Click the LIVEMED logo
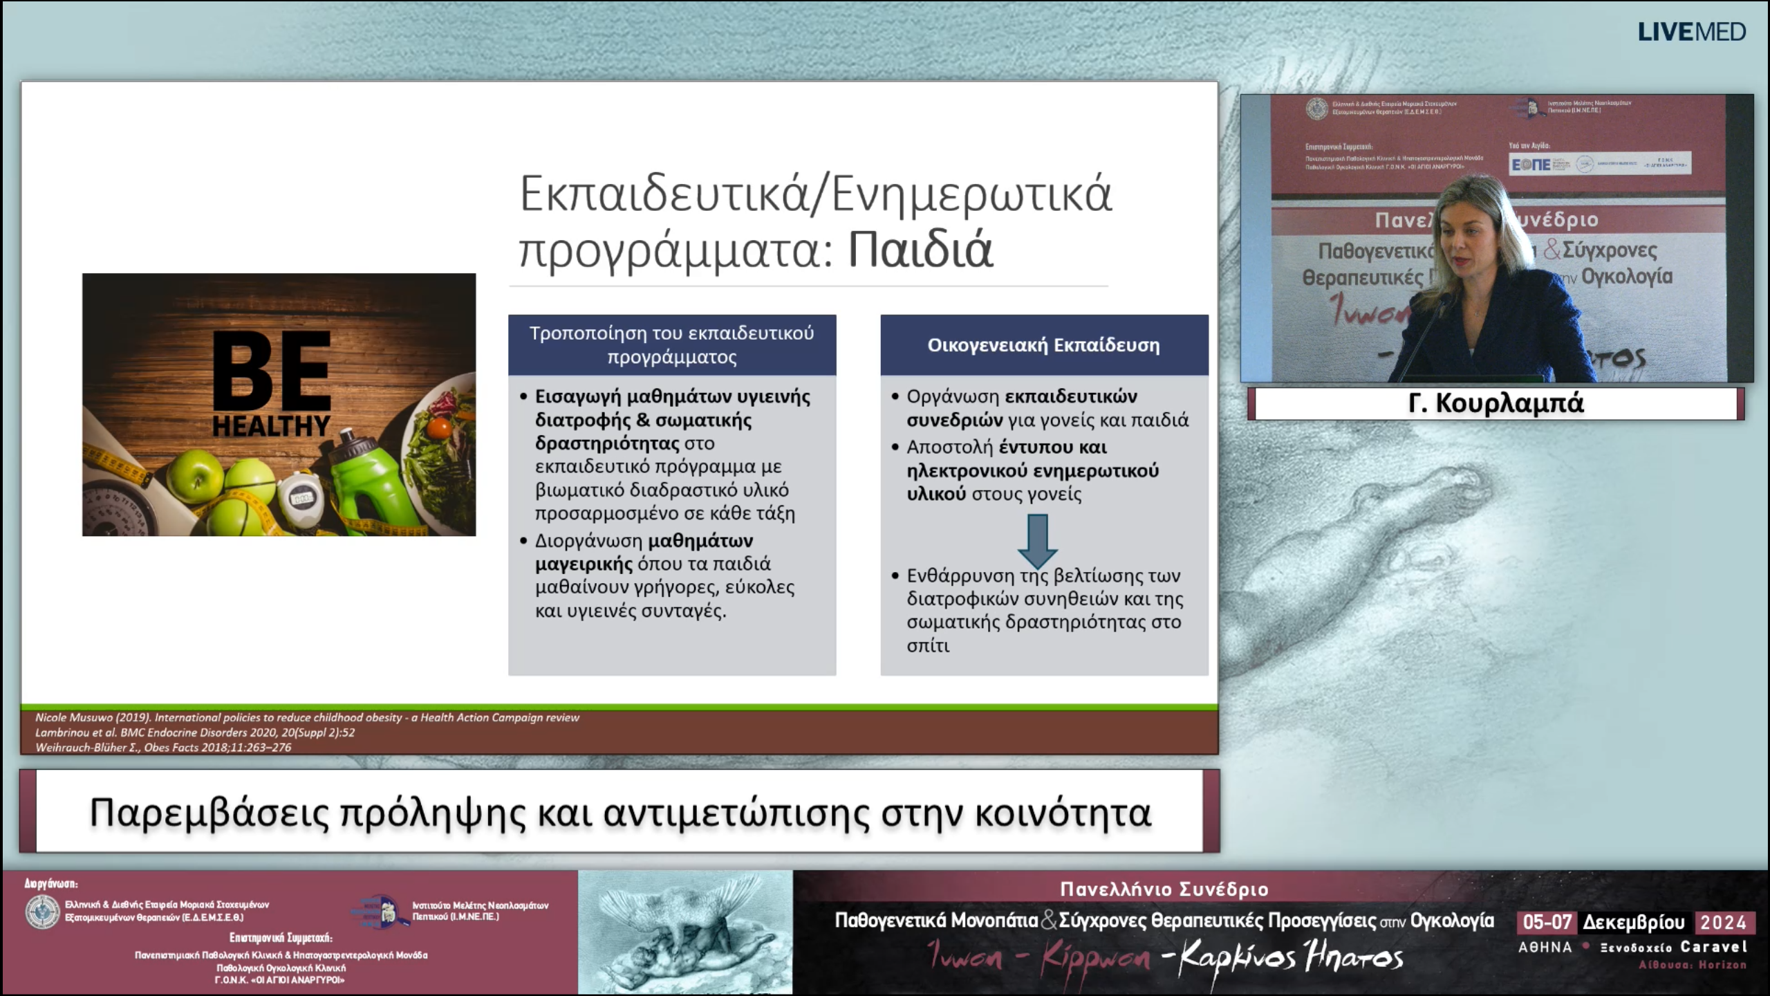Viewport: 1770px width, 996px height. coord(1691,32)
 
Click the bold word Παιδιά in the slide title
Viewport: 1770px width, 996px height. coord(920,250)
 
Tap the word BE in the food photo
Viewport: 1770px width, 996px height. coord(271,371)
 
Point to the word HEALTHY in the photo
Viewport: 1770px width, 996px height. coord(271,426)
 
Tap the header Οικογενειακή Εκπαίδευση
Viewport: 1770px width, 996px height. coord(1043,345)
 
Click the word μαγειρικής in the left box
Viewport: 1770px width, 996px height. coord(584,564)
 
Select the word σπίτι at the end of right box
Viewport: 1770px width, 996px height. coord(928,645)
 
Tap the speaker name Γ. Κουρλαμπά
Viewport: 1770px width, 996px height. coord(1496,403)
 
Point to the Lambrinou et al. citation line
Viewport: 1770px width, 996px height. coord(194,732)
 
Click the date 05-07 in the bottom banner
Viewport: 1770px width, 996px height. coord(1547,922)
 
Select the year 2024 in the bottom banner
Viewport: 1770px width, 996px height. coord(1723,922)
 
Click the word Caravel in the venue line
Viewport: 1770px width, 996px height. coord(1713,947)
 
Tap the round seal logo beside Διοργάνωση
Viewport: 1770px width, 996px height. coord(42,912)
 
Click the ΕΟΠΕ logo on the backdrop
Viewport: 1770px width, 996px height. coord(1531,165)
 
